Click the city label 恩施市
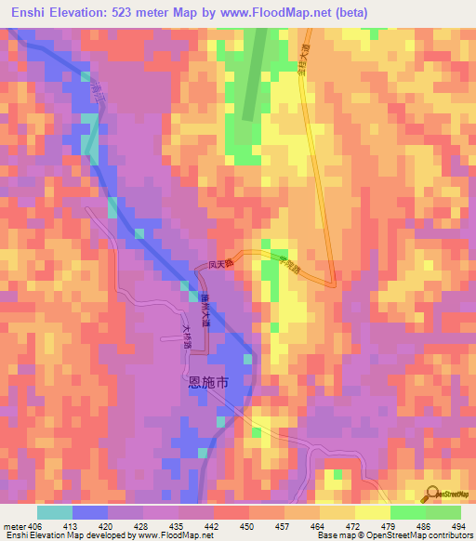pyautogui.click(x=202, y=381)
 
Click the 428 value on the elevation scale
pyautogui.click(x=142, y=526)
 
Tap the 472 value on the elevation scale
pyautogui.click(x=352, y=526)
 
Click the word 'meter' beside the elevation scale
pyautogui.click(x=15, y=526)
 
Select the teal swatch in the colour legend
pyautogui.click(x=54, y=512)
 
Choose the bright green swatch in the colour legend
pyautogui.click(x=407, y=512)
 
